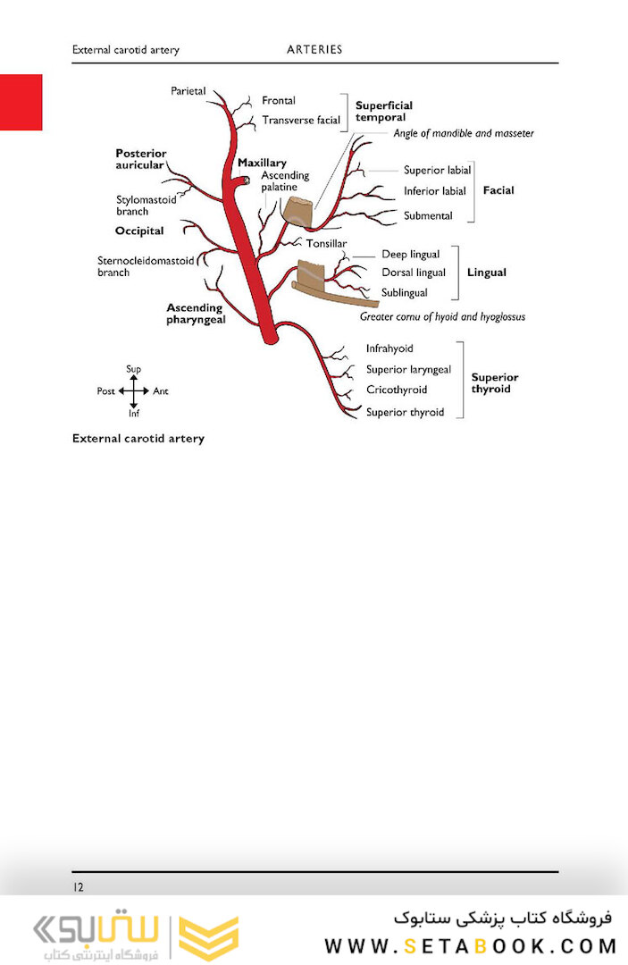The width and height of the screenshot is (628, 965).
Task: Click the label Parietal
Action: [188, 91]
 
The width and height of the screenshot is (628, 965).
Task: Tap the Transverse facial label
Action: [301, 120]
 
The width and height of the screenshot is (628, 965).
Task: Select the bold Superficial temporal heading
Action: [384, 112]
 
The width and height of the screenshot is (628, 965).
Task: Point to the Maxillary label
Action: [262, 163]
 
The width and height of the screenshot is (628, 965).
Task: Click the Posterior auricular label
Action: [141, 159]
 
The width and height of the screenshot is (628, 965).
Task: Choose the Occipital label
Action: [139, 231]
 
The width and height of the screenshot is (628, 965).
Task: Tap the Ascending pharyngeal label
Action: [196, 314]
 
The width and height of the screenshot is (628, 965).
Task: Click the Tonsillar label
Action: [327, 244]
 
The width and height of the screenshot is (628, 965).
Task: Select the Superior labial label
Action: [438, 170]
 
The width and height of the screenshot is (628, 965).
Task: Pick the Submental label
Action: [428, 215]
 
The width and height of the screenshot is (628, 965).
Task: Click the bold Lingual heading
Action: [487, 272]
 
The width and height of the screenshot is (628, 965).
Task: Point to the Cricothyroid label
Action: [397, 390]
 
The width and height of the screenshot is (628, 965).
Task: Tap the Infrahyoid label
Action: [389, 348]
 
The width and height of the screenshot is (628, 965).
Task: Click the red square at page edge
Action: [21, 102]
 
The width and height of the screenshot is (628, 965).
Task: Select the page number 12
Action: [78, 887]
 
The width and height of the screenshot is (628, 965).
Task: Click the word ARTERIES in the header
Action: [314, 49]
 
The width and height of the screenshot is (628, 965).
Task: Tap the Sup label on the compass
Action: [133, 369]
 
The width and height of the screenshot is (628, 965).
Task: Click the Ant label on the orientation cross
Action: [161, 390]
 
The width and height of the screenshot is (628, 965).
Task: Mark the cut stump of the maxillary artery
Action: [246, 180]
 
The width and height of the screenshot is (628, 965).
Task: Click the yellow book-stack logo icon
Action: [208, 936]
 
